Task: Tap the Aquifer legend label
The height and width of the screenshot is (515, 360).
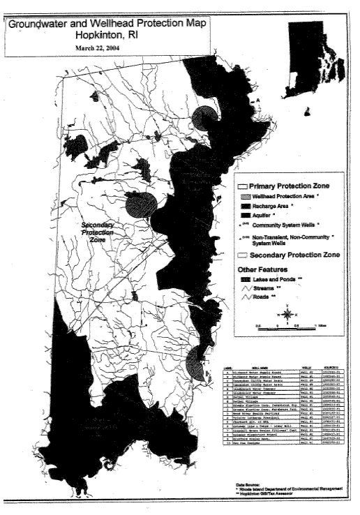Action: click(264, 218)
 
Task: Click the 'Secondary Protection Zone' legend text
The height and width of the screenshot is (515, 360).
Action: click(296, 255)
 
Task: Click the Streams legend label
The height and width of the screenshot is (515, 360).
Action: click(266, 288)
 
